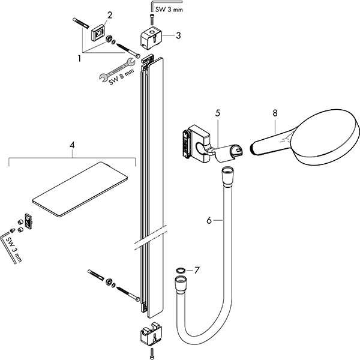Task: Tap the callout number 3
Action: click(178, 35)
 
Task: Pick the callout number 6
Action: click(209, 221)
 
